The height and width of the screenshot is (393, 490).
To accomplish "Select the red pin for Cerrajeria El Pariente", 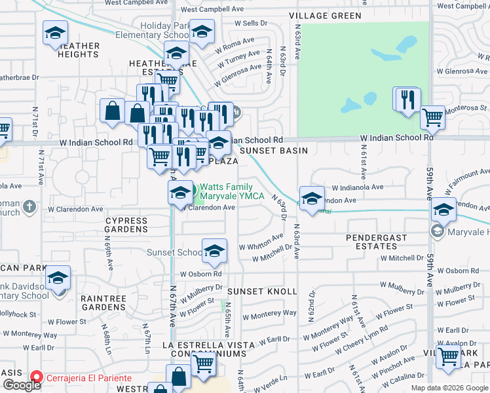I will (36, 378).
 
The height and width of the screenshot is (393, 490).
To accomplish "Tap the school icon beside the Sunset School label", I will (214, 251).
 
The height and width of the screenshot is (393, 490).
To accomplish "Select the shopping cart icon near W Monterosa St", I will (432, 118).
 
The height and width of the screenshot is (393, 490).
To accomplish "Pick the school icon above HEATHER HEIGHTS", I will (56, 33).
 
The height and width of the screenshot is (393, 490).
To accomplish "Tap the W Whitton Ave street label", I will (261, 242).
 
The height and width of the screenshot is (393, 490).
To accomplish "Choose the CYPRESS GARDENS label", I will (126, 225).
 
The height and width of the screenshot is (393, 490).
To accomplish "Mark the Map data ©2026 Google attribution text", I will (449, 388).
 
